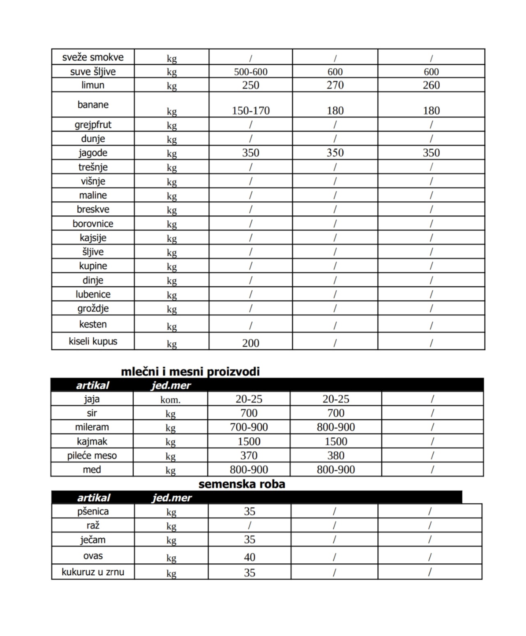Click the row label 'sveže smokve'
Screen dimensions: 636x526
(93, 57)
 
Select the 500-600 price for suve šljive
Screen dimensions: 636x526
(251, 72)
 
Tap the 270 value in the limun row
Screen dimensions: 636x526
(335, 85)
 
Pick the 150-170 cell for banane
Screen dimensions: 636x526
(251, 111)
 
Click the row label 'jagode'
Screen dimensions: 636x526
(93, 153)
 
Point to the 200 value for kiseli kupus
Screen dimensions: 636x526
(251, 343)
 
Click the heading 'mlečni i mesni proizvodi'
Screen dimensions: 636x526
(190, 371)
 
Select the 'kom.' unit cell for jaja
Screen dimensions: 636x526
(171, 399)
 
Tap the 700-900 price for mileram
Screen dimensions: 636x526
(249, 427)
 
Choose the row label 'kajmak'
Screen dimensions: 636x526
(92, 441)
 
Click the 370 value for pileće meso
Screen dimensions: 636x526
(249, 455)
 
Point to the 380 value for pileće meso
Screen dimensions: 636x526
(336, 455)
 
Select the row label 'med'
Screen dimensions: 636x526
(92, 469)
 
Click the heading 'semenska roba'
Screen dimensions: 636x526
(242, 484)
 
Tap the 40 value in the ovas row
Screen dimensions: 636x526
(249, 557)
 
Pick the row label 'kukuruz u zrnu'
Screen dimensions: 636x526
(93, 572)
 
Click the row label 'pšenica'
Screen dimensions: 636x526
(93, 512)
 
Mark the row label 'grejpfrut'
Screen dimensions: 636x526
(93, 124)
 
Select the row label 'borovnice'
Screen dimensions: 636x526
(93, 224)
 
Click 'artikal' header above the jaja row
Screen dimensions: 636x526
(92, 385)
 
